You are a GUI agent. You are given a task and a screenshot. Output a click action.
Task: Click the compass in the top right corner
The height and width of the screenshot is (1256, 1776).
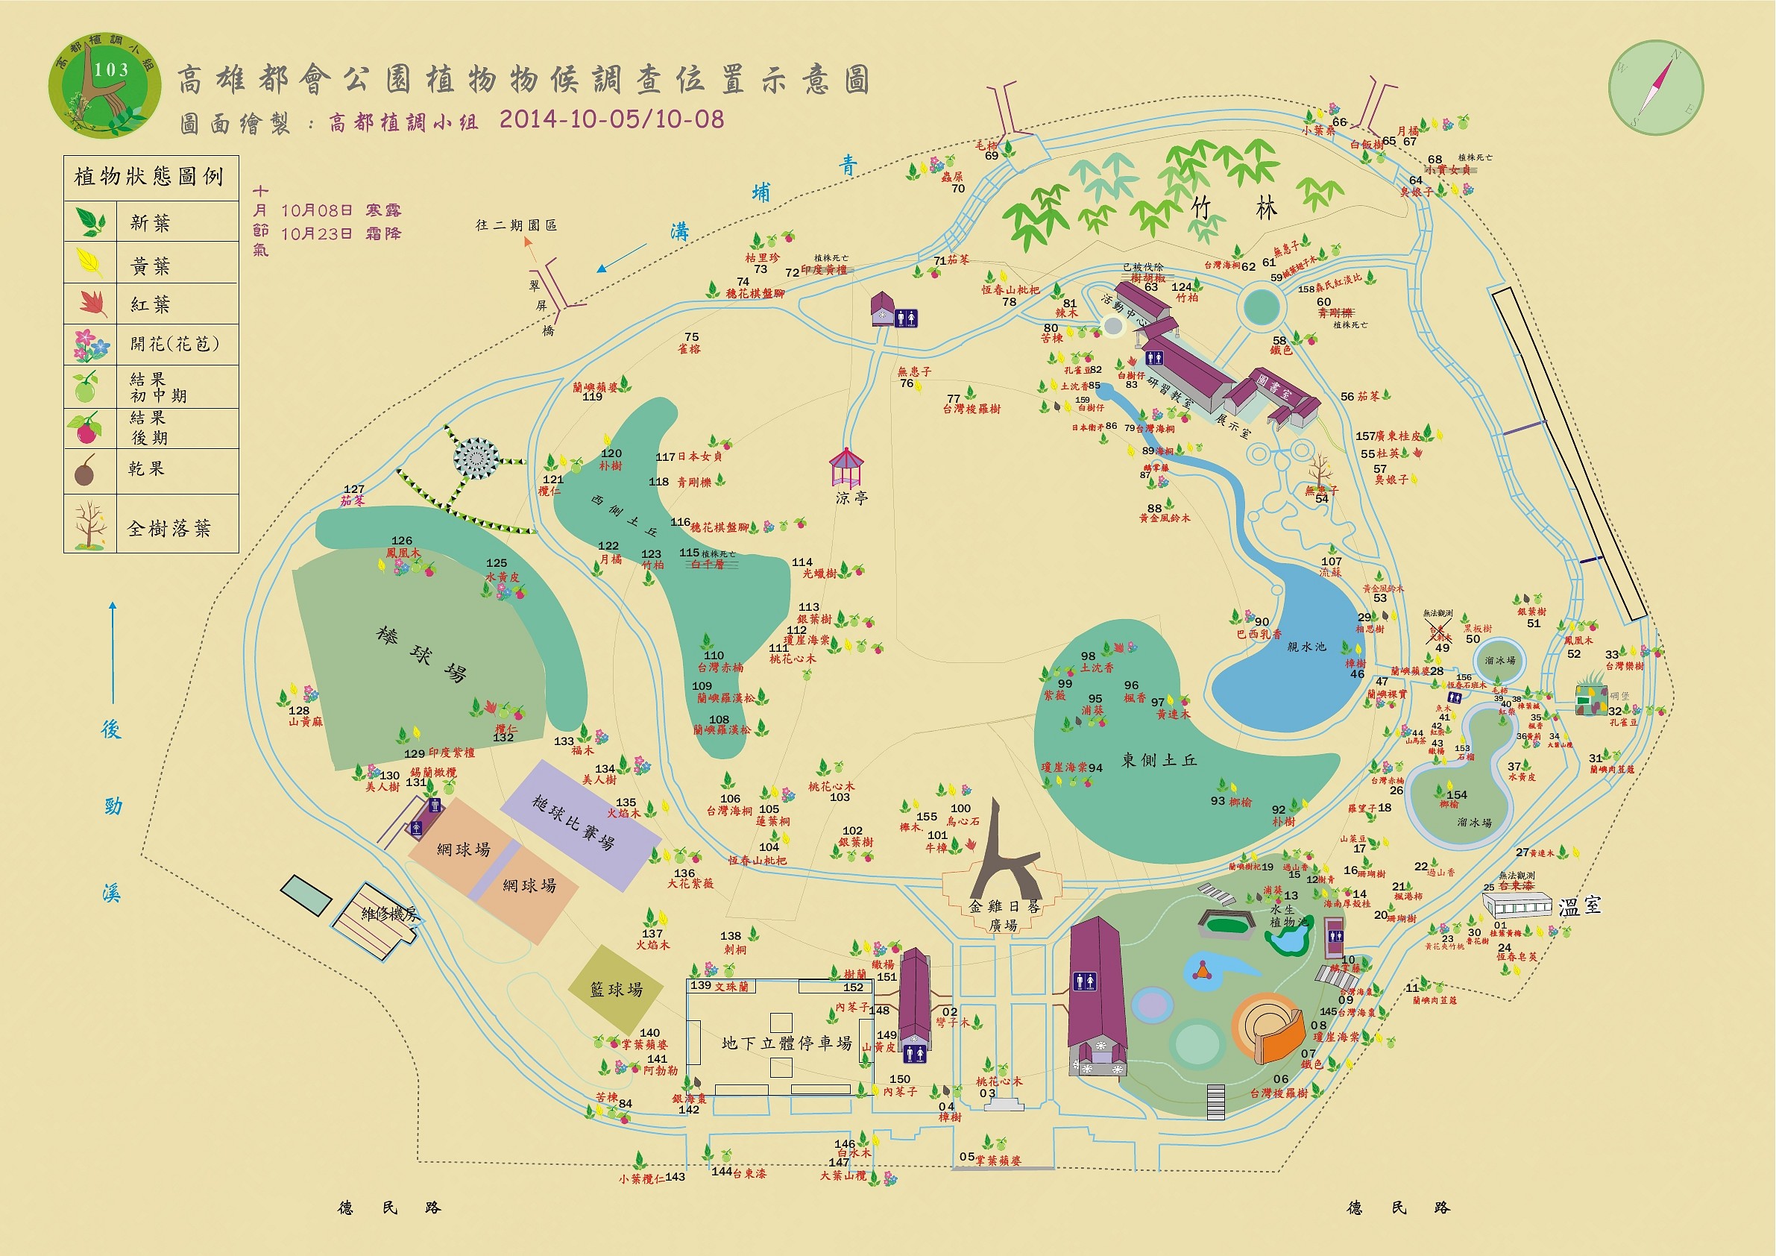pyautogui.click(x=1655, y=87)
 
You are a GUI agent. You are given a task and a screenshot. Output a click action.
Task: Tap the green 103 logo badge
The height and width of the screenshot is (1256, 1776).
pyautogui.click(x=105, y=85)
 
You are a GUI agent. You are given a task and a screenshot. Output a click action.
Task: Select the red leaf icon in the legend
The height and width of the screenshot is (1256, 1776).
pyautogui.click(x=92, y=303)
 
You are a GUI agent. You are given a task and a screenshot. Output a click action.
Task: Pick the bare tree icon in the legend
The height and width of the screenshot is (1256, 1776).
pyautogui.click(x=89, y=524)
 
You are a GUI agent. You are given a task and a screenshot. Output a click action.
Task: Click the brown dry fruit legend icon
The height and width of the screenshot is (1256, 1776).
pyautogui.click(x=85, y=470)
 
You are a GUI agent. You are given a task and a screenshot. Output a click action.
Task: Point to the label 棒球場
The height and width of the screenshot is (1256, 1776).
pyautogui.click(x=421, y=655)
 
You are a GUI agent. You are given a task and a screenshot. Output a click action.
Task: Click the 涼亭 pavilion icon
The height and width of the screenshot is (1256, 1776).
pyautogui.click(x=846, y=467)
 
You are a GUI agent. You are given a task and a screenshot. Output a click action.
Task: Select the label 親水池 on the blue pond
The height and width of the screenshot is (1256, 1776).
pyautogui.click(x=1306, y=647)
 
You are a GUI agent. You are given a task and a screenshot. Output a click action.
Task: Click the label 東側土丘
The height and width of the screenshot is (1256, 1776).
pyautogui.click(x=1159, y=761)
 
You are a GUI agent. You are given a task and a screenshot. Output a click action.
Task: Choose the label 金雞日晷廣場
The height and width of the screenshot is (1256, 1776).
pyautogui.click(x=1004, y=914)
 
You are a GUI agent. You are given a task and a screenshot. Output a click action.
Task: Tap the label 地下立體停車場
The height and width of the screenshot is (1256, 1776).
pyautogui.click(x=787, y=1043)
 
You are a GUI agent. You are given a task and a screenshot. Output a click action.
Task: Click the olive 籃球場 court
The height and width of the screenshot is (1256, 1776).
pyautogui.click(x=616, y=989)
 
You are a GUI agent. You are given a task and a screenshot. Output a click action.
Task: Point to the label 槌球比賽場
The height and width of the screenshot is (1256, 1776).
pyautogui.click(x=573, y=822)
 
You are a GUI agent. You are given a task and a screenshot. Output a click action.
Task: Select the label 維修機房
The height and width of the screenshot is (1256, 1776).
pyautogui.click(x=390, y=914)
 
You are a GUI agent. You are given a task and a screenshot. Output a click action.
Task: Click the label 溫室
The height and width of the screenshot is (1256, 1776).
pyautogui.click(x=1578, y=906)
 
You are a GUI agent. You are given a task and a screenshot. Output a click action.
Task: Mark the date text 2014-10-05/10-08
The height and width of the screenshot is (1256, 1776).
pyautogui.click(x=611, y=119)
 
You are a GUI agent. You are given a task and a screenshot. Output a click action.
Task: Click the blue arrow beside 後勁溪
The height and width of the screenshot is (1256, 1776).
pyautogui.click(x=112, y=652)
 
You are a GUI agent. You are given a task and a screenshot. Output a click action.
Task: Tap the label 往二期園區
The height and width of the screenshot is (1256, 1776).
pyautogui.click(x=516, y=225)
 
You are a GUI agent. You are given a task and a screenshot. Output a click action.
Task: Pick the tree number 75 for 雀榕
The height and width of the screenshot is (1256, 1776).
pyautogui.click(x=691, y=337)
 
